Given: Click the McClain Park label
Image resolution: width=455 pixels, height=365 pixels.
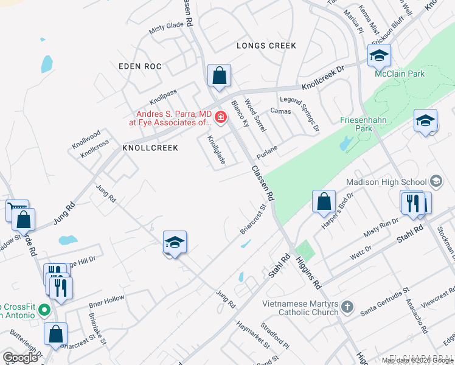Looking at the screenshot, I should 400,74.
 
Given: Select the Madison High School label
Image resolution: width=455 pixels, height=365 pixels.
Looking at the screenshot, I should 386,181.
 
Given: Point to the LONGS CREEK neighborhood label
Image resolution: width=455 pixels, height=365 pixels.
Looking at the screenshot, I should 266,46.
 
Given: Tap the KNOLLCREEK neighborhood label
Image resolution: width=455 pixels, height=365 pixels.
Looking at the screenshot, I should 150,148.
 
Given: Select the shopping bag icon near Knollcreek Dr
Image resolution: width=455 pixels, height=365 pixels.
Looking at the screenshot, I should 219,76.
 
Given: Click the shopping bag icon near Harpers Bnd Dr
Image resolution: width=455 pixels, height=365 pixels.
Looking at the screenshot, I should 324,201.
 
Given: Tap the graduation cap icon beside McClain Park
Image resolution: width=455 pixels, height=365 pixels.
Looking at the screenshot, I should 379,56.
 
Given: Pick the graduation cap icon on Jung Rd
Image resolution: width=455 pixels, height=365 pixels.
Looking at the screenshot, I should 175,243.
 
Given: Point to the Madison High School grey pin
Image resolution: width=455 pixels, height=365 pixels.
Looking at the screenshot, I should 436,181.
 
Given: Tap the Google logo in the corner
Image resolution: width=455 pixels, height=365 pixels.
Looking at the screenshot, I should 21,358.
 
